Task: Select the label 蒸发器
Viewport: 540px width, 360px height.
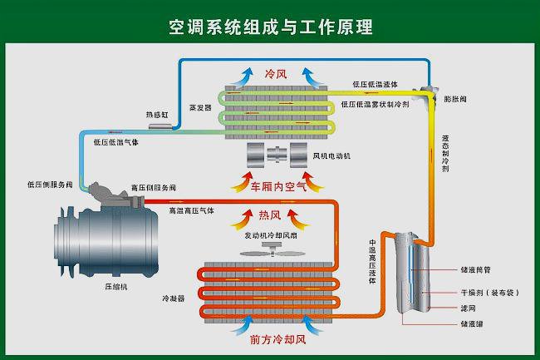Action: click(x=200, y=108)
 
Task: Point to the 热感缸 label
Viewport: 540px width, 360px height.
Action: click(x=157, y=114)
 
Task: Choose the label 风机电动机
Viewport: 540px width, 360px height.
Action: click(x=332, y=155)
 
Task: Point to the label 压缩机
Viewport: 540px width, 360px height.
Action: click(x=115, y=285)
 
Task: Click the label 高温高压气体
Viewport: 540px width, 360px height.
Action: click(x=191, y=211)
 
